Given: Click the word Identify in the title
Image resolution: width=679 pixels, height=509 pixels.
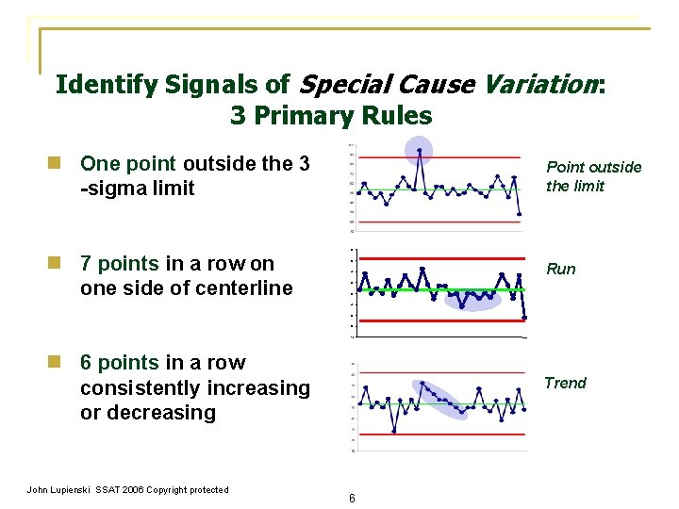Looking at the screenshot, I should pos(102,85).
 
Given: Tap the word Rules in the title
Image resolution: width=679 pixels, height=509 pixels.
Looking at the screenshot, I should pos(396,116).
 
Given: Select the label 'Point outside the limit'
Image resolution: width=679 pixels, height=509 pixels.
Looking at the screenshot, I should pos(593,176).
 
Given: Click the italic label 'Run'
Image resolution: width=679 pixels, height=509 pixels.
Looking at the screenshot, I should pos(560,269).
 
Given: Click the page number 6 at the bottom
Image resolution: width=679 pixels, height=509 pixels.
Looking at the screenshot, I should pos(351,498).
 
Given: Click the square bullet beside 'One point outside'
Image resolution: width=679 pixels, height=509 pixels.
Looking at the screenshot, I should pos(58,164).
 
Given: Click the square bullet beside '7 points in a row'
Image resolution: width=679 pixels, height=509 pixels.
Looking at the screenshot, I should pos(58,264).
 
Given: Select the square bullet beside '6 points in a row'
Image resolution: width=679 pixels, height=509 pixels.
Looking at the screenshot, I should pos(58,363).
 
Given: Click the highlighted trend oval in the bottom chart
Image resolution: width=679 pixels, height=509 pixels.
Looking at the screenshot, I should pos(439,398).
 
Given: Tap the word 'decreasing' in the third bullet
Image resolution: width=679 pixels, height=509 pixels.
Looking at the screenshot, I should pos(168,413).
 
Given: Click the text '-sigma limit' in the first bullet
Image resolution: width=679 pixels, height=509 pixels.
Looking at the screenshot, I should pos(138,189).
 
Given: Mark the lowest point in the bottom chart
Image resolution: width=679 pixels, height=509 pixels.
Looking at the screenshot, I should pos(394,432).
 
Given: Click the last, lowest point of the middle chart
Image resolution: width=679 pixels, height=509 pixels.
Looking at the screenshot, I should pos(524,319).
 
